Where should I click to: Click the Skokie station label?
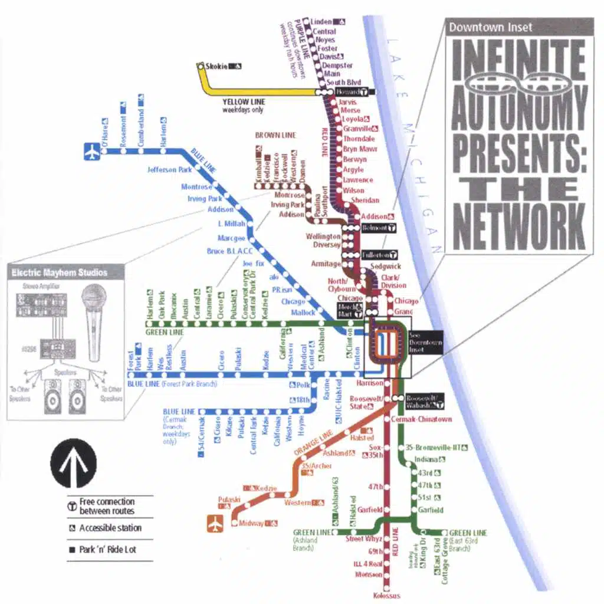point(216,66)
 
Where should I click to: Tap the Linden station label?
point(321,22)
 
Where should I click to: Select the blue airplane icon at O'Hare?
point(92,151)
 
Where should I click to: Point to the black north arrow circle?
point(73,464)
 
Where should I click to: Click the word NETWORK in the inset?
point(519,225)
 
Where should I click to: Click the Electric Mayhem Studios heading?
point(60,273)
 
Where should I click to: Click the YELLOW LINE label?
point(244,101)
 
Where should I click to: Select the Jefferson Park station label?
point(169,170)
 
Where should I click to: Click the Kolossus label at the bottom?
point(387,596)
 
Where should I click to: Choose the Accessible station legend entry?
point(110,528)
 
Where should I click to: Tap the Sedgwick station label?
point(385,267)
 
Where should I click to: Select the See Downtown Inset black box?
point(425,343)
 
